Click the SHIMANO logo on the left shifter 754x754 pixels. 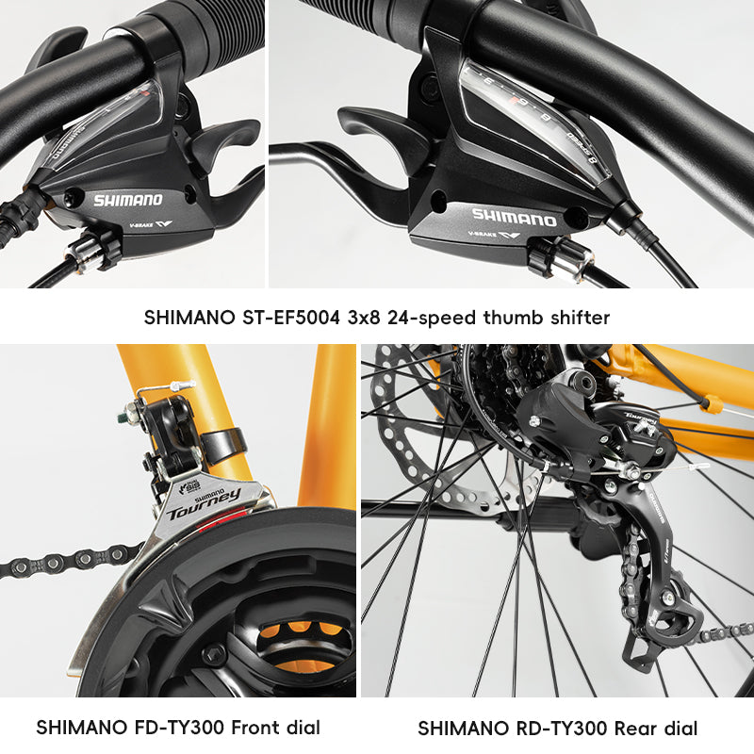click(x=127, y=200)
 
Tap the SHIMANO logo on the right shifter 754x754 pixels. click(x=515, y=216)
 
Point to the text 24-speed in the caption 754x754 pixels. click(x=435, y=318)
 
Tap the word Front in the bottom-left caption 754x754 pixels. click(x=244, y=728)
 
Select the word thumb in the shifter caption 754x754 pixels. click(x=513, y=318)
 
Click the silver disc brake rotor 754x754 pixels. click(x=415, y=424)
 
